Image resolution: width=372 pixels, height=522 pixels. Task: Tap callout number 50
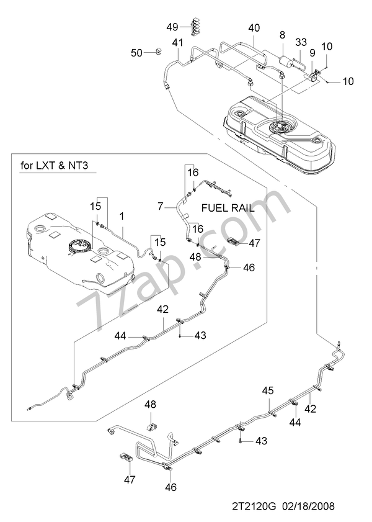tap(136, 53)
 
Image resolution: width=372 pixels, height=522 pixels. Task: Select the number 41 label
tap(177, 42)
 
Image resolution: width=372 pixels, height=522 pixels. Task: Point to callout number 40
tap(254, 28)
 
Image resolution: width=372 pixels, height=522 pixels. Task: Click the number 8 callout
tap(283, 36)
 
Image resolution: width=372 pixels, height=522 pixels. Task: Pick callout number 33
tap(301, 42)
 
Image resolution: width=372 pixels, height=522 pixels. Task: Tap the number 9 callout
tap(312, 53)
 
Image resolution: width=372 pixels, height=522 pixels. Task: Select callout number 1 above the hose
tap(122, 216)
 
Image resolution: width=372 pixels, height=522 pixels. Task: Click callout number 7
tap(160, 205)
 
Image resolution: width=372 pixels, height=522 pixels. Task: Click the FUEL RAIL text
tap(228, 209)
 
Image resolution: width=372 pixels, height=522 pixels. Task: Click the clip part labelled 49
tap(193, 27)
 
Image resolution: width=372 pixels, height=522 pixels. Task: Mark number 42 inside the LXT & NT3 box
tap(163, 308)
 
